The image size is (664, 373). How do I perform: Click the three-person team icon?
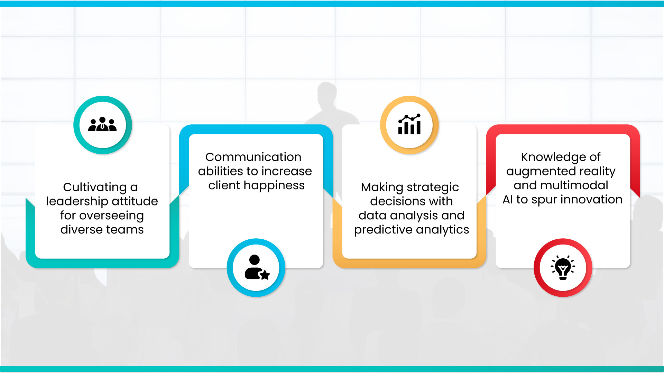pyautogui.click(x=102, y=124)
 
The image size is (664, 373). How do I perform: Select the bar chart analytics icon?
pyautogui.click(x=409, y=124)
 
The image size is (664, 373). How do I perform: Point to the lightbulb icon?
pyautogui.click(x=563, y=267)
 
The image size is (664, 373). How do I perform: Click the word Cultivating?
pyautogui.click(x=95, y=187)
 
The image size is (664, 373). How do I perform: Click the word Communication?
pyautogui.click(x=253, y=157)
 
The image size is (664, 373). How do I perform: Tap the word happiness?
pyautogui.click(x=274, y=185)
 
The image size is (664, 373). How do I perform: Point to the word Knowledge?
pyautogui.click(x=553, y=157)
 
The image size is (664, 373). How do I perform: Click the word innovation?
pyautogui.click(x=591, y=200)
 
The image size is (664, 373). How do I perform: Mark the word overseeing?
pyautogui.click(x=111, y=216)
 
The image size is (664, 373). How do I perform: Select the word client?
pyautogui.click(x=224, y=185)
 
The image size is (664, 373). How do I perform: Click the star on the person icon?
pyautogui.click(x=265, y=275)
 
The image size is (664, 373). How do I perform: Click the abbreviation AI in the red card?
pyautogui.click(x=508, y=200)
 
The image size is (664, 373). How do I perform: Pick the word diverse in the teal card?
pyautogui.click(x=82, y=230)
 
